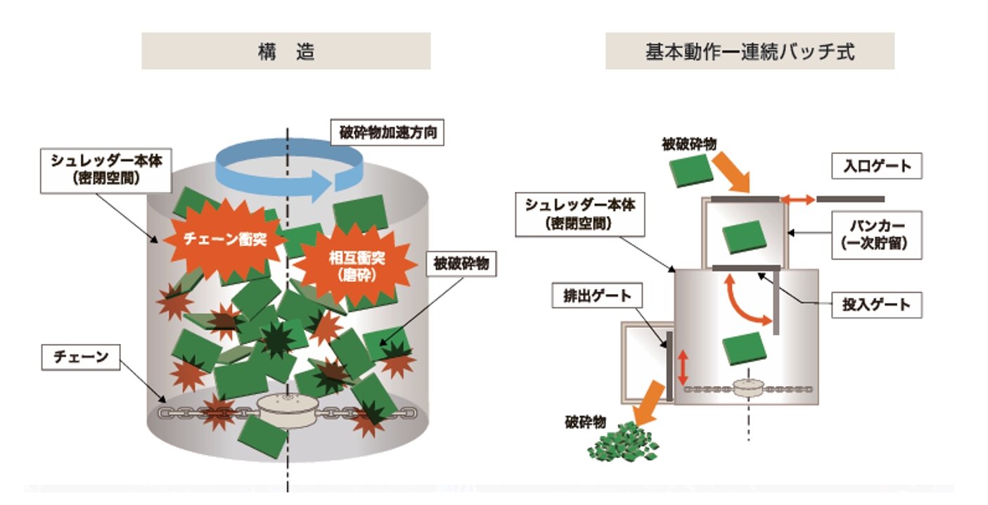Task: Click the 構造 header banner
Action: [x=286, y=51]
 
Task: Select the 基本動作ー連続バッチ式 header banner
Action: [x=750, y=51]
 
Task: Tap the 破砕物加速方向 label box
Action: [x=387, y=132]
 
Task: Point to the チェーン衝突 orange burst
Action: [x=225, y=240]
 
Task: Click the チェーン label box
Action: [x=81, y=357]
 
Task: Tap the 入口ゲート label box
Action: [x=877, y=166]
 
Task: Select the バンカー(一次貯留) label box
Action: [x=877, y=235]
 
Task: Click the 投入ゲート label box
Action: [x=877, y=305]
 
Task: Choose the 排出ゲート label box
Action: [x=597, y=295]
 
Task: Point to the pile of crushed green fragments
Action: [x=623, y=443]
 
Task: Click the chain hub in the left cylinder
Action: [x=288, y=411]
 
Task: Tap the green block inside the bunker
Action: [x=745, y=237]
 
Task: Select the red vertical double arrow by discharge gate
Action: [x=683, y=367]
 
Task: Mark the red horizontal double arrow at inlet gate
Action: [x=797, y=200]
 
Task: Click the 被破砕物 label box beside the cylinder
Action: [x=461, y=264]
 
